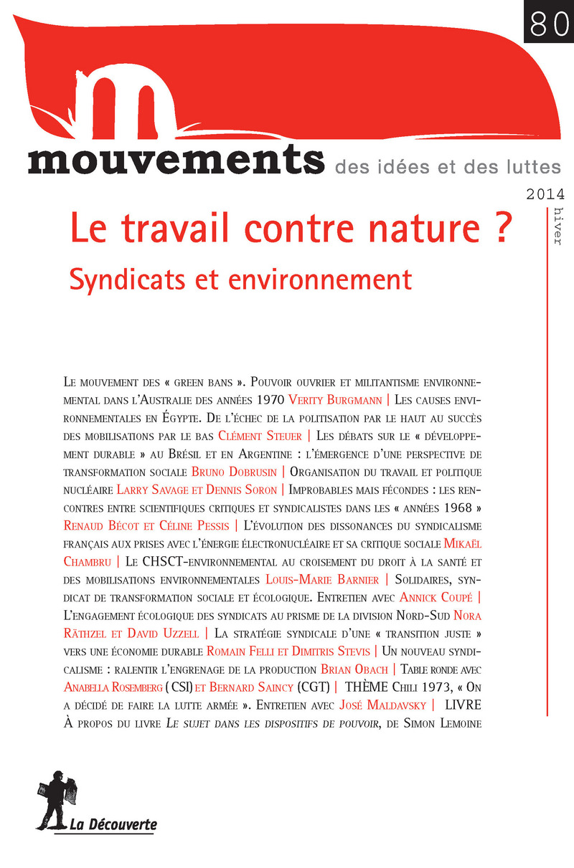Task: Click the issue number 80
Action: [547, 22]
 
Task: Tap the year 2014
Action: [545, 194]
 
